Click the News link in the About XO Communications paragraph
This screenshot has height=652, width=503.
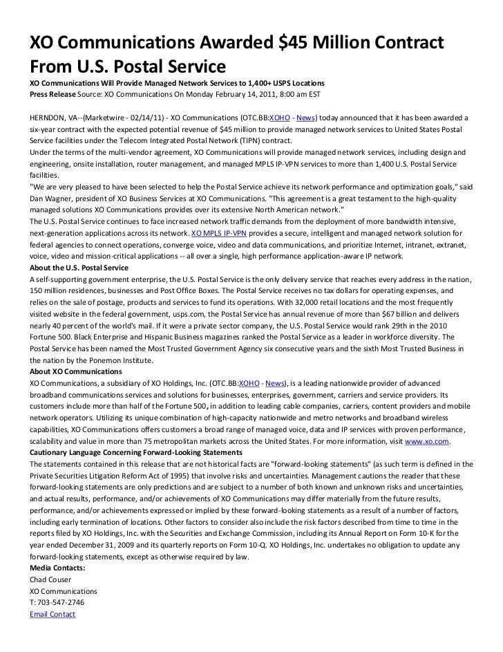(276, 382)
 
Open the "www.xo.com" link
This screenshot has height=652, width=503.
(428, 440)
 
